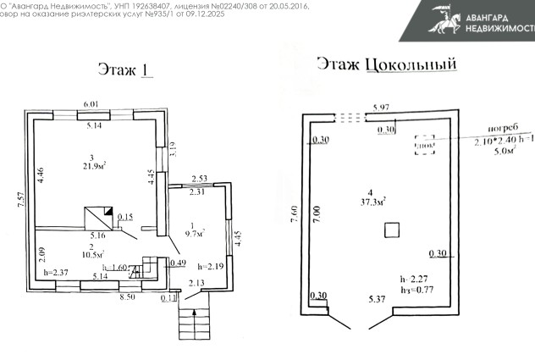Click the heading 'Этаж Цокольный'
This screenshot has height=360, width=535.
[386, 64]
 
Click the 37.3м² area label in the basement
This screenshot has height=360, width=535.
[371, 201]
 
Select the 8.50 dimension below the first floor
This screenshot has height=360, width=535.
[127, 297]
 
